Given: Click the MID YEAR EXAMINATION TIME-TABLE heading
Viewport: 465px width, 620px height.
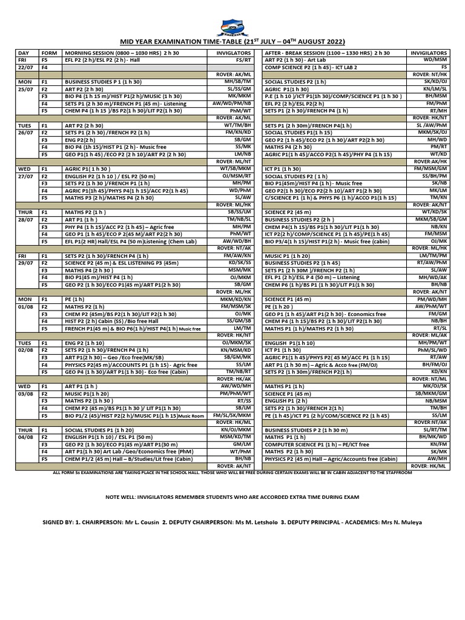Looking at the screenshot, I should pos(232,42).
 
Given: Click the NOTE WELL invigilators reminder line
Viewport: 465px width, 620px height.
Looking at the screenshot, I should pos(232,496).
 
